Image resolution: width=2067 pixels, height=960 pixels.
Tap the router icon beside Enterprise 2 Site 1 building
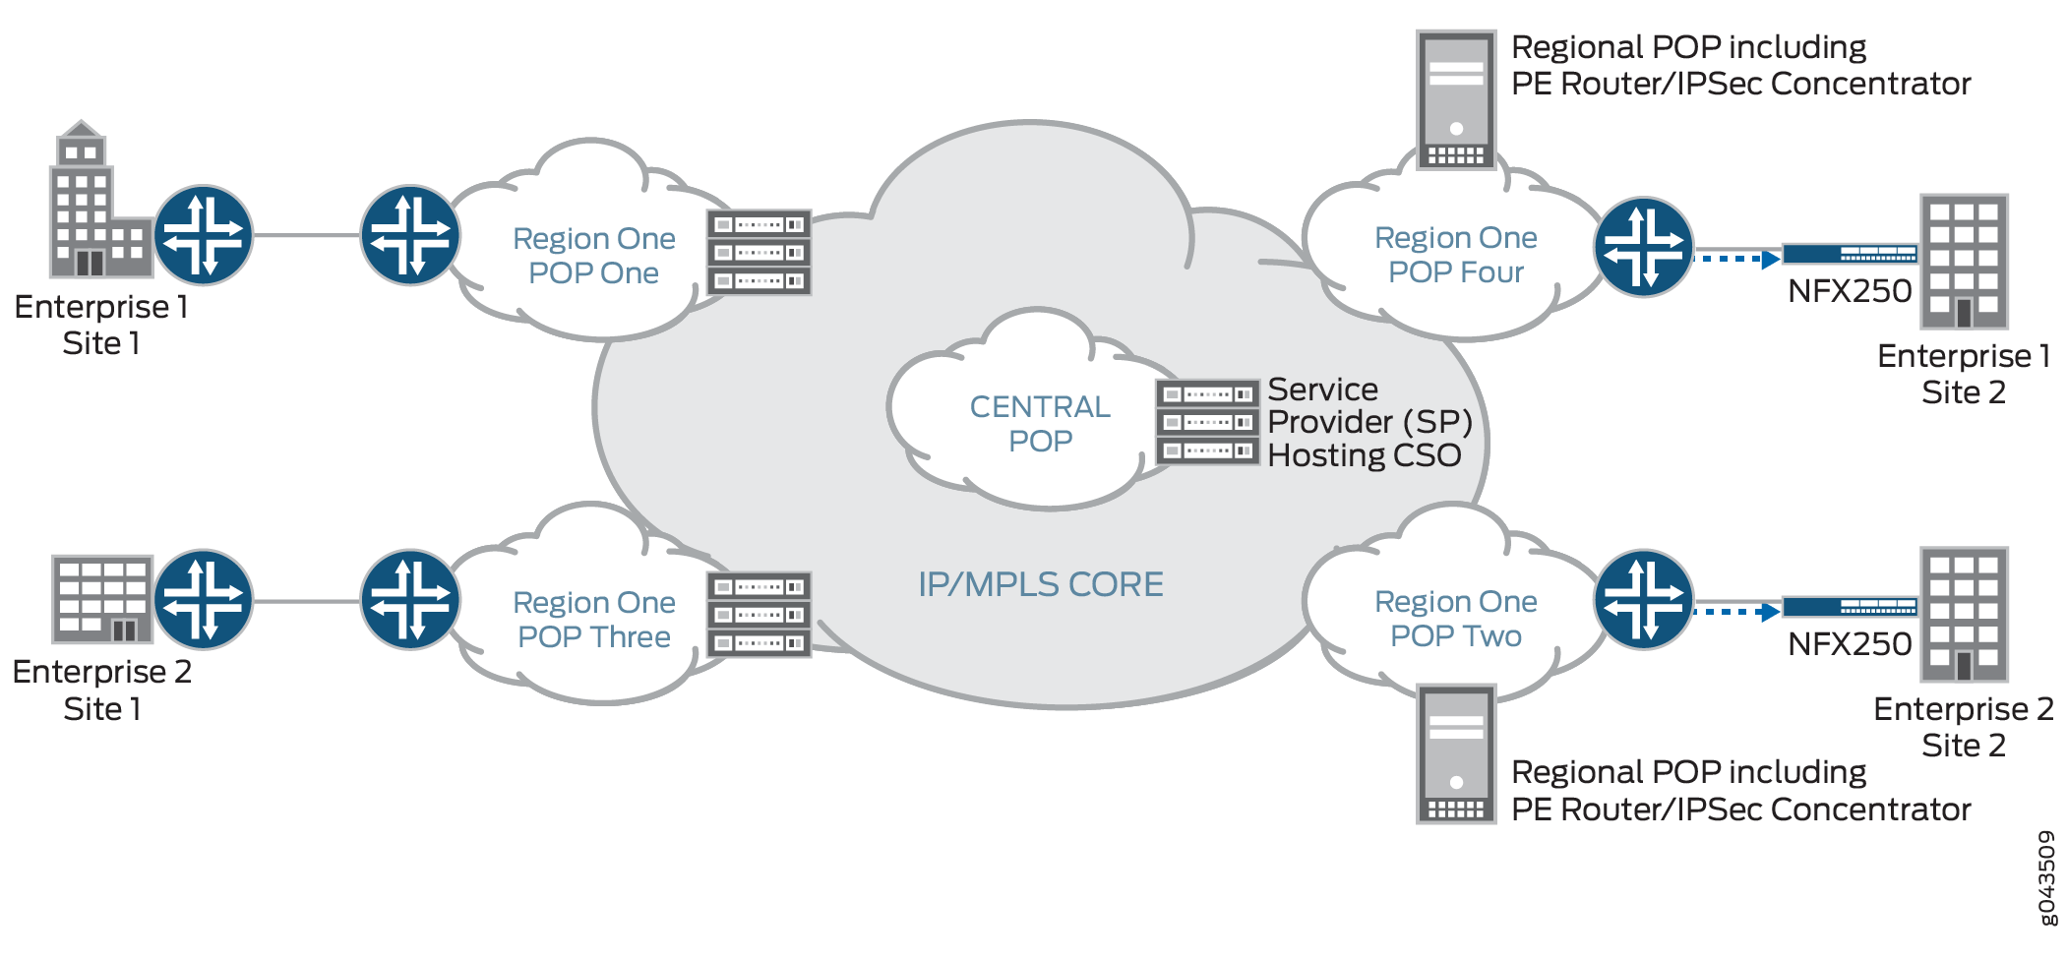[x=203, y=599]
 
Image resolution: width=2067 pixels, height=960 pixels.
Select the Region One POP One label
[x=593, y=256]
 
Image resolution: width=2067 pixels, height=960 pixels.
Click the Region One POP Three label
[x=593, y=620]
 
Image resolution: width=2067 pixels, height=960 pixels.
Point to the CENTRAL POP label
[x=1040, y=424]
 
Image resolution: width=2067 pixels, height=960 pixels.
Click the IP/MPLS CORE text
[x=1040, y=585]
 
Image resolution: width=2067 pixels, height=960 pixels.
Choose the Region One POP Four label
[x=1455, y=255]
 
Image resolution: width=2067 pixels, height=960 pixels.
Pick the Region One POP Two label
[x=1455, y=619]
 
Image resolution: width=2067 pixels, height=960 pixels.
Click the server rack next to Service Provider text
[x=1207, y=422]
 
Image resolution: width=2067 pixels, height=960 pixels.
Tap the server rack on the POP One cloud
[x=759, y=253]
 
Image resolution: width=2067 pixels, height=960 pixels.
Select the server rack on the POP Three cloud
[x=759, y=615]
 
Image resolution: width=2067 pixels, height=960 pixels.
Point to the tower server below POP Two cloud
[x=1456, y=754]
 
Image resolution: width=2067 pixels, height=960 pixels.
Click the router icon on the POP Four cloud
[x=1643, y=248]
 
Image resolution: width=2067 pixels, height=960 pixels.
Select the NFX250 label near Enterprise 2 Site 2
[x=1850, y=644]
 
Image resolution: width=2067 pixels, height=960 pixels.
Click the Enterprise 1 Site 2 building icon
[x=1964, y=262]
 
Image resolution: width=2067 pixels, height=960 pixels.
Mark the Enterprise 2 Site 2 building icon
[x=1964, y=615]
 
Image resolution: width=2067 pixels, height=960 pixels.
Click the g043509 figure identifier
[x=2046, y=878]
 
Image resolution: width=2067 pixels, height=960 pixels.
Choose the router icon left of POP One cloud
[x=410, y=235]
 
